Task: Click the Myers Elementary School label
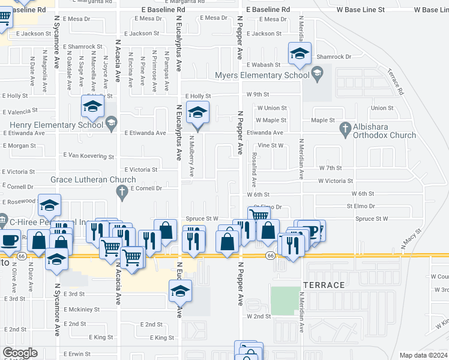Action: (x=262, y=76)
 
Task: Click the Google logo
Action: (x=20, y=353)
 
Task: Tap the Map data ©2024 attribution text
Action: (x=423, y=355)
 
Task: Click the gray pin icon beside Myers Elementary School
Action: (x=317, y=74)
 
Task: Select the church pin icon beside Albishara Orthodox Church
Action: (x=345, y=127)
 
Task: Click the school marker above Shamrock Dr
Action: (x=299, y=55)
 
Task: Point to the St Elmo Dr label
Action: (x=360, y=206)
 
